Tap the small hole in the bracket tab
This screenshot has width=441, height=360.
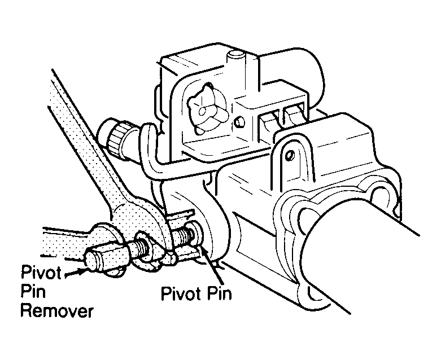pos(291,152)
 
